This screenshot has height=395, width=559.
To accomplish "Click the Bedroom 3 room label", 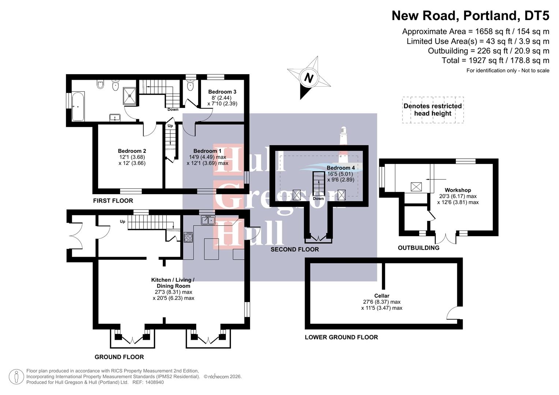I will click(x=222, y=92).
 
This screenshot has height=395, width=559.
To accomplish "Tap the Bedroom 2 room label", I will click(x=132, y=151).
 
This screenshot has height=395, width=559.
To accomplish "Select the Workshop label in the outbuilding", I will click(x=458, y=190).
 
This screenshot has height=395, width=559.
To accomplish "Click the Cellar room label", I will click(x=381, y=296).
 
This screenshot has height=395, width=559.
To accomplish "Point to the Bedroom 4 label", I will click(x=340, y=168).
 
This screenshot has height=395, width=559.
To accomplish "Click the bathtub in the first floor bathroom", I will click(x=78, y=106).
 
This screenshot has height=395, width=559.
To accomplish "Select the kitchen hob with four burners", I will click(x=188, y=237).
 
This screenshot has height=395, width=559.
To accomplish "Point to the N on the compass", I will click(x=309, y=78).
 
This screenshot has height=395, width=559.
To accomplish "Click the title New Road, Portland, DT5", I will click(x=470, y=16).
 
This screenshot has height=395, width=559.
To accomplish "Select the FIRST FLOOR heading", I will click(x=113, y=201).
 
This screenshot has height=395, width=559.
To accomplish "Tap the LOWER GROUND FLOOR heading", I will click(x=341, y=337).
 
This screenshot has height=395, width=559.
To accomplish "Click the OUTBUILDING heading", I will click(x=418, y=248).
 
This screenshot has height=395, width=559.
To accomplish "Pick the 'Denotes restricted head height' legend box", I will click(x=433, y=110).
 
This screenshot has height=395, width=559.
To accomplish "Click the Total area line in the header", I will click(x=495, y=61).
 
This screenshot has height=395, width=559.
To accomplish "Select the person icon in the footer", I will click(x=16, y=377).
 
